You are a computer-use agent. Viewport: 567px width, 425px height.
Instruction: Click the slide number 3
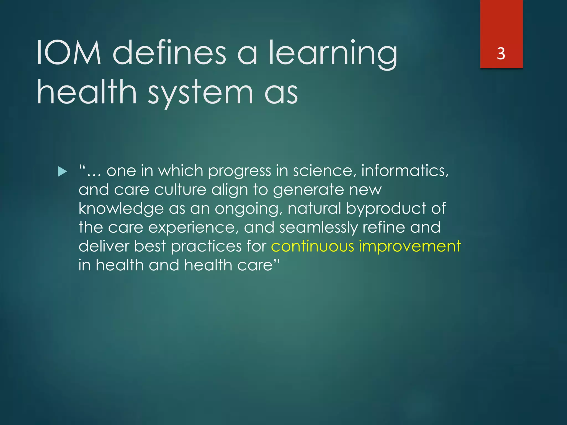(x=501, y=53)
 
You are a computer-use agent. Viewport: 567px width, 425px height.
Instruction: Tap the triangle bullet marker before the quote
(x=63, y=172)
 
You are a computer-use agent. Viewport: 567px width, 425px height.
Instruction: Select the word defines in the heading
(x=170, y=53)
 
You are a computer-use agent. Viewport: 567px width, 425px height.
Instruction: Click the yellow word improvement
(x=410, y=246)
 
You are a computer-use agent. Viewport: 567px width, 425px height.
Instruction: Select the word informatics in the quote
(x=405, y=171)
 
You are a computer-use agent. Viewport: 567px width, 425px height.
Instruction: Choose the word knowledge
(x=121, y=209)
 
